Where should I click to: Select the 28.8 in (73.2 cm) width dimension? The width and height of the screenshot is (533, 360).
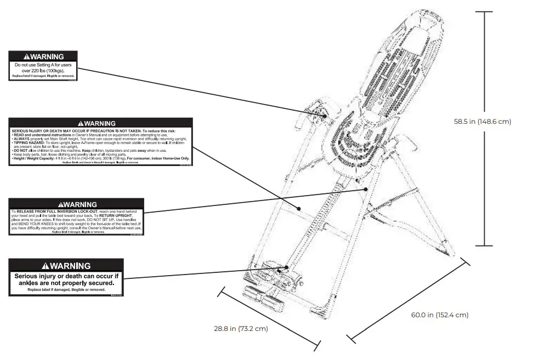(x=240, y=329)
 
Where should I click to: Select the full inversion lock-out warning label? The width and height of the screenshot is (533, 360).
(x=76, y=216)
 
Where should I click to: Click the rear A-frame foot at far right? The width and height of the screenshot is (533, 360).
(x=450, y=252)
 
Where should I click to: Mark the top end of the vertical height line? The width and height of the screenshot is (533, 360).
(x=484, y=12)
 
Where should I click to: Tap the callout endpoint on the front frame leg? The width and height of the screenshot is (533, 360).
(x=299, y=208)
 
